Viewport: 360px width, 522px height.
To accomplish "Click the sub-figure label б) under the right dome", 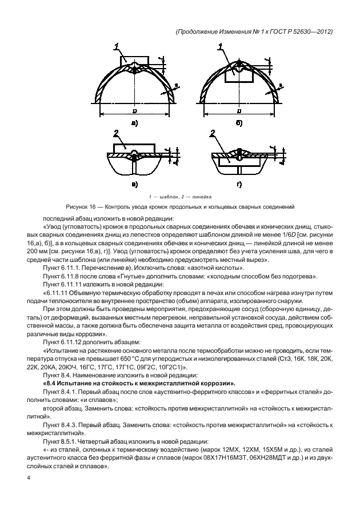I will (239, 122).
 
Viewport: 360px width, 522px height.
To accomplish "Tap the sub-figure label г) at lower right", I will (239, 184).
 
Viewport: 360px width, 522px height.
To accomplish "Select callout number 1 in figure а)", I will (116, 46).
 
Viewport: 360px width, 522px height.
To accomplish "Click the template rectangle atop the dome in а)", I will (133, 60).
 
